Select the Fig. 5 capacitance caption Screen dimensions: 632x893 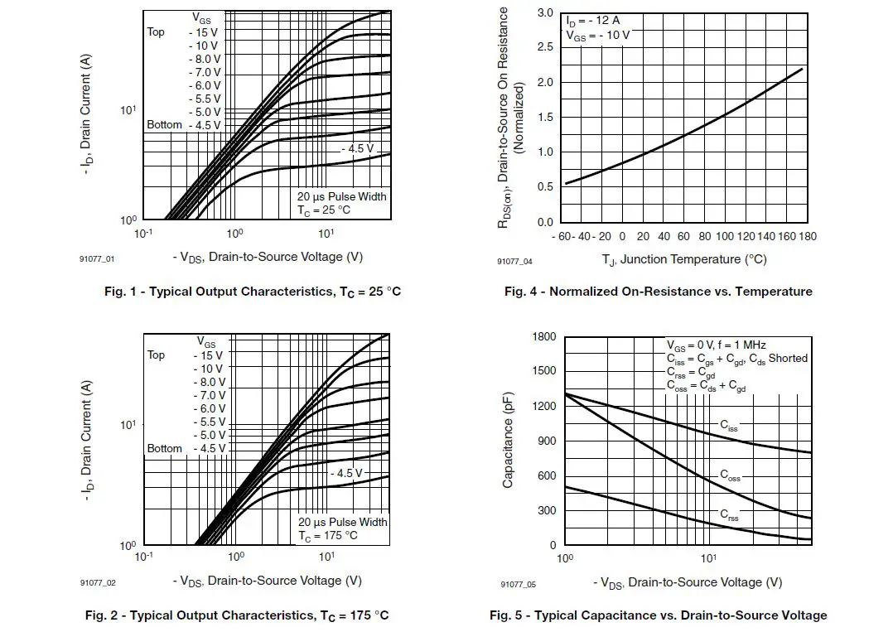pos(658,615)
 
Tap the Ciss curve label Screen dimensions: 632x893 pos(728,427)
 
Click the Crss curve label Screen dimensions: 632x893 pos(729,515)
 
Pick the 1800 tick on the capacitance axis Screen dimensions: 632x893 pos(543,337)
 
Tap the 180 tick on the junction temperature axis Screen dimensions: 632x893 pos(808,237)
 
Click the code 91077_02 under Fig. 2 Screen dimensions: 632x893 pos(98,583)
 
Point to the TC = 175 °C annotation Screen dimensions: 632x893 pos(328,536)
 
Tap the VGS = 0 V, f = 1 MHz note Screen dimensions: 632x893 pos(717,345)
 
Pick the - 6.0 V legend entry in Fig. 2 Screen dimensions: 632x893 pos(209,408)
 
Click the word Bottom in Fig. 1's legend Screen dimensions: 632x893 pos(164,125)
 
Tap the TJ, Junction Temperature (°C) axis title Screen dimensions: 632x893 pos(684,259)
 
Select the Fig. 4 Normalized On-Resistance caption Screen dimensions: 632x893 pos(659,292)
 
